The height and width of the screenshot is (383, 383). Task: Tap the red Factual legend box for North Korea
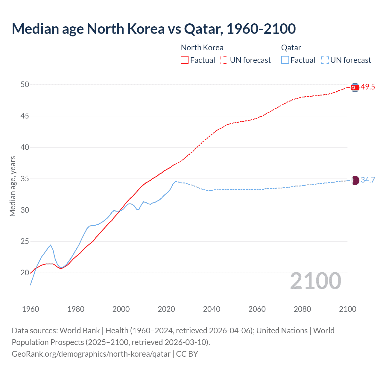[x=185, y=60]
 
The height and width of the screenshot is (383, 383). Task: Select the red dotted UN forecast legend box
[x=224, y=60]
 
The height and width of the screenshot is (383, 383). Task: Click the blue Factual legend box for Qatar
[x=285, y=60]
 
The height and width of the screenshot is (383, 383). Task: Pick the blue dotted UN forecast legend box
[x=325, y=60]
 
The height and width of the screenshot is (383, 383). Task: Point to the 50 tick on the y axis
[x=25, y=85]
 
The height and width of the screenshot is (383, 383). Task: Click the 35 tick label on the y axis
[x=25, y=179]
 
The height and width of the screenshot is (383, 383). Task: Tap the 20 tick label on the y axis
[x=25, y=273]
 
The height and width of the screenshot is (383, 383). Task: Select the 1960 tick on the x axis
[x=31, y=309]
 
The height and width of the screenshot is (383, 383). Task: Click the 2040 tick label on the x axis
[x=212, y=309]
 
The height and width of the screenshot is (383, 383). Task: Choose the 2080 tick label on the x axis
[x=302, y=309]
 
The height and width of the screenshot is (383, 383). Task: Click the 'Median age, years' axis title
[x=13, y=186]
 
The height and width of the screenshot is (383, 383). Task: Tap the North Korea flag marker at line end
[x=355, y=87]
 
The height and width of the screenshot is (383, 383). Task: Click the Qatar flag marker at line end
[x=355, y=180]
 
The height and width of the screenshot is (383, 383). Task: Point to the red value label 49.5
[x=368, y=87]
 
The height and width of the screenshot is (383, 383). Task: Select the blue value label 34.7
[x=368, y=180]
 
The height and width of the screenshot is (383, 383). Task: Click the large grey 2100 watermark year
[x=316, y=281]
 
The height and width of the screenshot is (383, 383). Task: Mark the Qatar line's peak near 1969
[x=51, y=245]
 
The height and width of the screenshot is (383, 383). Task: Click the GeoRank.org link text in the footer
[x=91, y=354]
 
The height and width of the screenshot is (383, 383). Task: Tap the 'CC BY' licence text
[x=187, y=354]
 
